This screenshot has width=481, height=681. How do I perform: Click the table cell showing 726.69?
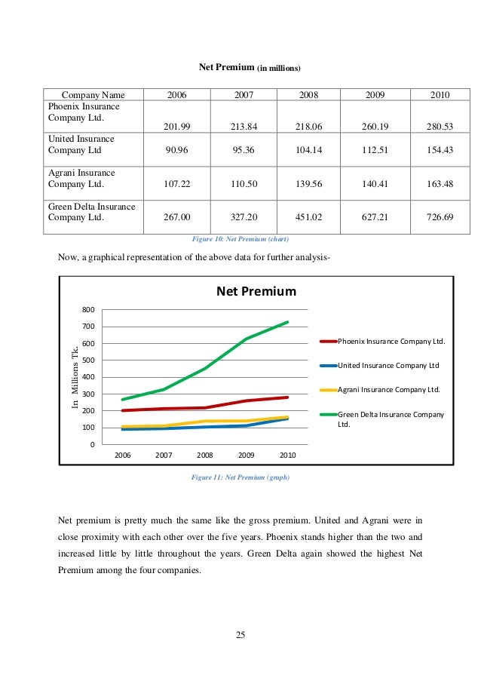[x=440, y=218]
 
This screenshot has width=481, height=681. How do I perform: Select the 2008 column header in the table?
[x=309, y=95]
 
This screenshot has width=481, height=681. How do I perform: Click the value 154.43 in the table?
[x=440, y=149]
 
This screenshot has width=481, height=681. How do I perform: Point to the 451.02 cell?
[x=309, y=218]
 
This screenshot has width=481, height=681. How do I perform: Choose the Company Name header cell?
[x=93, y=95]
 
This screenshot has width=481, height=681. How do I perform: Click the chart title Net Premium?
[x=256, y=291]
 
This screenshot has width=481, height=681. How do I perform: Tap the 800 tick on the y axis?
[x=88, y=310]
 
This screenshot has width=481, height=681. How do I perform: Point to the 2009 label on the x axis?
[x=246, y=456]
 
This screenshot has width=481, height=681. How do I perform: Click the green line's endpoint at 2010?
[x=287, y=322]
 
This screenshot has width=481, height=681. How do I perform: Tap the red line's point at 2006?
[x=122, y=410]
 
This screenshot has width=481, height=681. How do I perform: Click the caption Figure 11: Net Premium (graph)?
[x=240, y=477]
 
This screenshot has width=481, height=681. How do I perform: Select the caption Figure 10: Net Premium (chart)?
[x=240, y=239]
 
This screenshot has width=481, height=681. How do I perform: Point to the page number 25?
[x=240, y=634]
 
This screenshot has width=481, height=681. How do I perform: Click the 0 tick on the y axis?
[x=93, y=444]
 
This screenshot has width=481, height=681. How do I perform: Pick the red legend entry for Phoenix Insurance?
[x=391, y=342]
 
